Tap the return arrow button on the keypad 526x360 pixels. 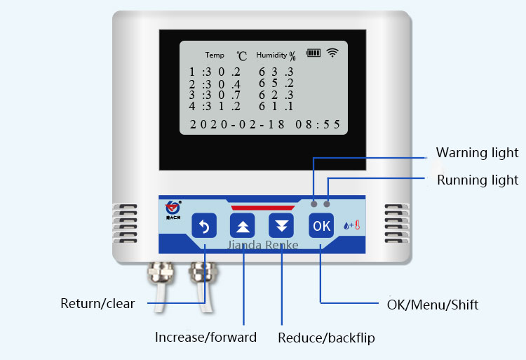click(x=204, y=226)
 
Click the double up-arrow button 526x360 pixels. click(x=243, y=226)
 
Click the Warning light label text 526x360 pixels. click(x=477, y=152)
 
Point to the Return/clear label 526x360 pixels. click(x=97, y=304)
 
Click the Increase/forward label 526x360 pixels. click(x=205, y=337)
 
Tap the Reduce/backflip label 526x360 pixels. click(x=326, y=338)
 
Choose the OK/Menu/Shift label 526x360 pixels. click(x=433, y=305)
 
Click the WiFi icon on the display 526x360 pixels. click(x=332, y=53)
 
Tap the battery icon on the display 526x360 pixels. click(x=313, y=53)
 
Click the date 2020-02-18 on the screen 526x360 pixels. click(x=238, y=124)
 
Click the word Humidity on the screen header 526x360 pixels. click(x=272, y=55)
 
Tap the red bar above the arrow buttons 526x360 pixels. click(x=263, y=208)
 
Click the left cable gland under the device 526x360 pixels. click(x=159, y=272)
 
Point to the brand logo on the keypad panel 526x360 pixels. click(x=173, y=209)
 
